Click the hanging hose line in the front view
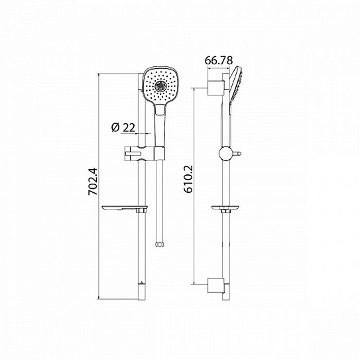point(158,199)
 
